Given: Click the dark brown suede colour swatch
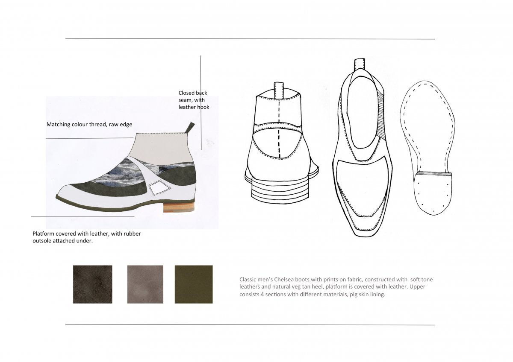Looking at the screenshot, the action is tap(92, 284).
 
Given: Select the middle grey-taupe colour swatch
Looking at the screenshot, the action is tap(145, 284).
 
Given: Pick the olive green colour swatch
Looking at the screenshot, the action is tap(194, 284).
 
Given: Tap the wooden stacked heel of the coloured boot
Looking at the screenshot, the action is tap(179, 207).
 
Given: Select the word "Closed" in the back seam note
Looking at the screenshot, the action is tap(186, 93).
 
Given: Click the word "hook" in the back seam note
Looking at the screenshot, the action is tap(203, 107).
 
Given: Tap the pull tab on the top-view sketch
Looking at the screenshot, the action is tap(360, 64).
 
